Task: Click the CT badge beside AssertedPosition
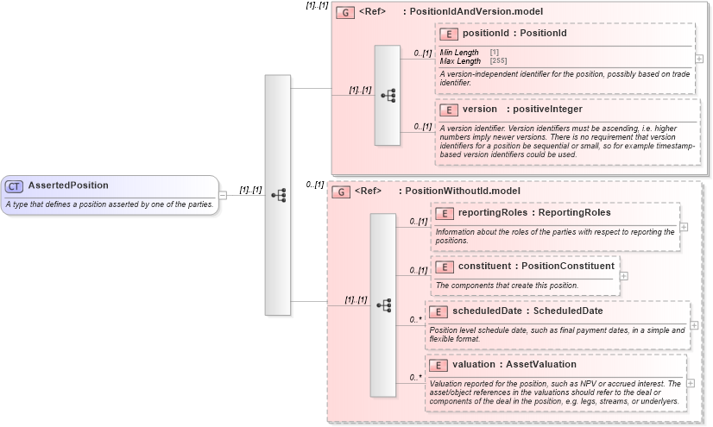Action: [x=15, y=185]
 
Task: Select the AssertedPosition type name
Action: [x=68, y=185]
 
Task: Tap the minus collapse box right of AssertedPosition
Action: [x=223, y=195]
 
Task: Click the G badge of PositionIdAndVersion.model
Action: [x=344, y=12]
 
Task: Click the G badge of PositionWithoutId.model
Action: [x=340, y=191]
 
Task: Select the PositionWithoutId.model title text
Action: [x=463, y=191]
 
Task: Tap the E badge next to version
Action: [x=448, y=110]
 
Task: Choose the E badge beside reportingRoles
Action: [x=444, y=212]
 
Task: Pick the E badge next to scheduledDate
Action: [x=439, y=311]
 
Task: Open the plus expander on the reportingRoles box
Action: [x=684, y=227]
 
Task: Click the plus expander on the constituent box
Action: [x=623, y=276]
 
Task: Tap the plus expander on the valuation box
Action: [x=691, y=382]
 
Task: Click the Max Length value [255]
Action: [x=498, y=61]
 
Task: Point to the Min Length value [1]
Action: [x=494, y=53]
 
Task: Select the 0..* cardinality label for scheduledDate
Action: [x=415, y=319]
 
